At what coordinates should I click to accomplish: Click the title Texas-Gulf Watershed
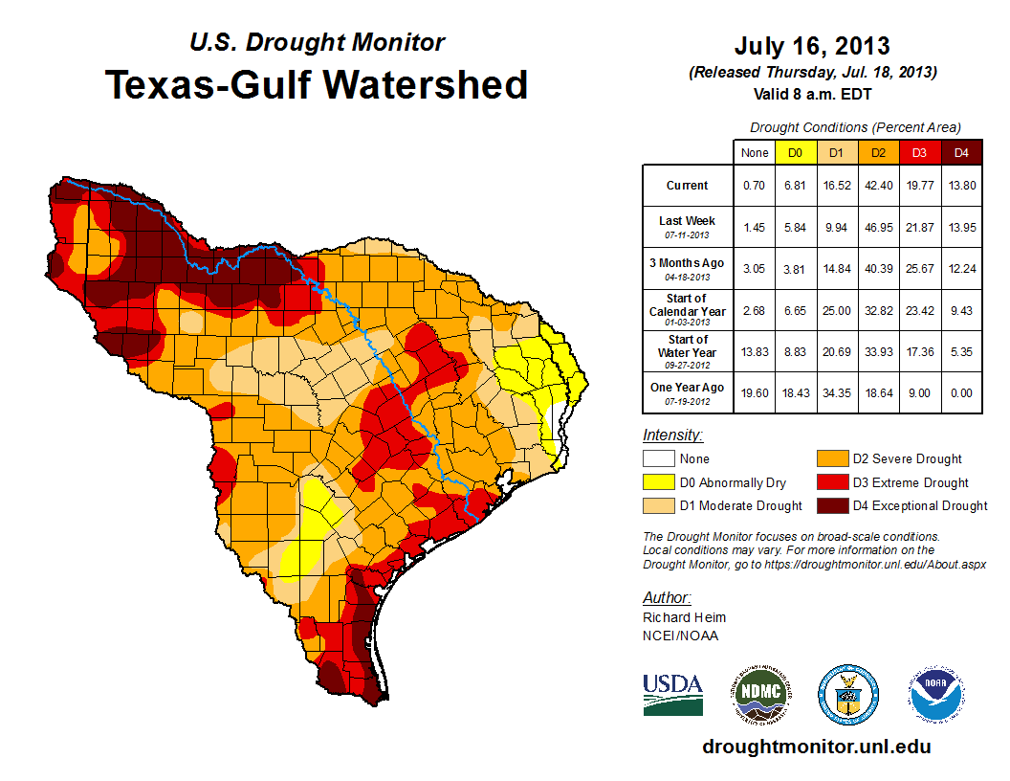point(316,85)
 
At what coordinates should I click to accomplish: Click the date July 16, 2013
point(812,46)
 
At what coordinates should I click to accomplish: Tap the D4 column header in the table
point(961,152)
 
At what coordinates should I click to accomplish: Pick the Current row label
point(688,186)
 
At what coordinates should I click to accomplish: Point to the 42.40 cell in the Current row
point(878,186)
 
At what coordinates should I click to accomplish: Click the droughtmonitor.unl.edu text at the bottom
point(816,747)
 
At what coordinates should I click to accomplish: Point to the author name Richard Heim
point(684,617)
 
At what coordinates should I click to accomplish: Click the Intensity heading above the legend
point(673,435)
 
